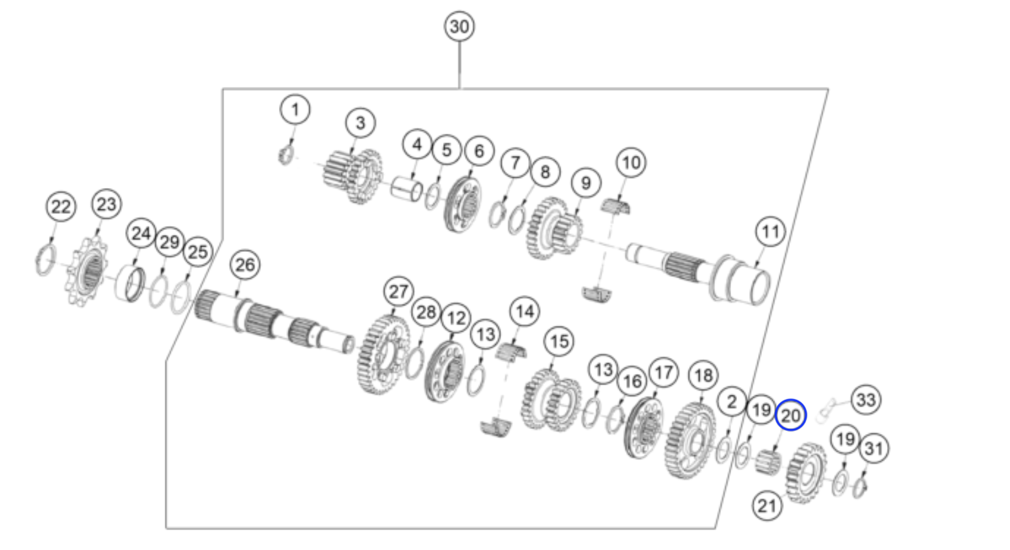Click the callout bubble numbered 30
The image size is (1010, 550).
click(x=459, y=27)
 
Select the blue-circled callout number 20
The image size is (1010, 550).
click(x=791, y=415)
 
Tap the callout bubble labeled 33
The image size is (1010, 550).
click(x=866, y=400)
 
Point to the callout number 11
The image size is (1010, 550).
click(x=770, y=232)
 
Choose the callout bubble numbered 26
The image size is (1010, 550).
click(x=245, y=265)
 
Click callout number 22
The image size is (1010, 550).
click(x=61, y=207)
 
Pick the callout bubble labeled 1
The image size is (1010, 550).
click(x=295, y=109)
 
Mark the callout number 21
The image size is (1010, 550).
click(x=767, y=506)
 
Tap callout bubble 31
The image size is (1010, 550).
click(x=873, y=448)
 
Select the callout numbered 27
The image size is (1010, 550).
click(x=399, y=292)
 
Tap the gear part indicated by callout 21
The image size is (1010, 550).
click(x=806, y=473)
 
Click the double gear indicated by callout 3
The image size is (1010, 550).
click(x=353, y=176)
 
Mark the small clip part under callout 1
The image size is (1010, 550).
click(x=287, y=155)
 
